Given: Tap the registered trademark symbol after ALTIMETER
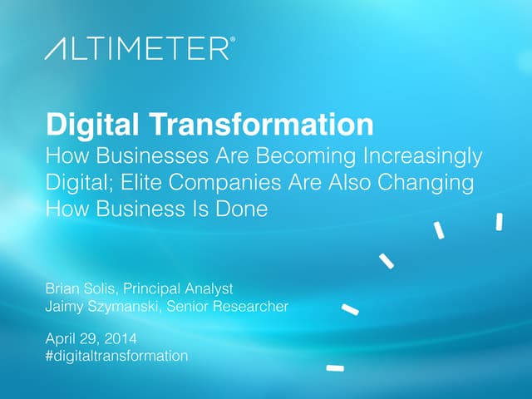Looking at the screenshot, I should (232, 41).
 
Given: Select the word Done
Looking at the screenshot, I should (240, 209).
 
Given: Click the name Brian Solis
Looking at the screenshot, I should (81, 288).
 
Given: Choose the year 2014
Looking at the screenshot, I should (121, 338).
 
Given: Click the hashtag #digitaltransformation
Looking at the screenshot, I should (116, 356).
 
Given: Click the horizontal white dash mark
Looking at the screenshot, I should (335, 367).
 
